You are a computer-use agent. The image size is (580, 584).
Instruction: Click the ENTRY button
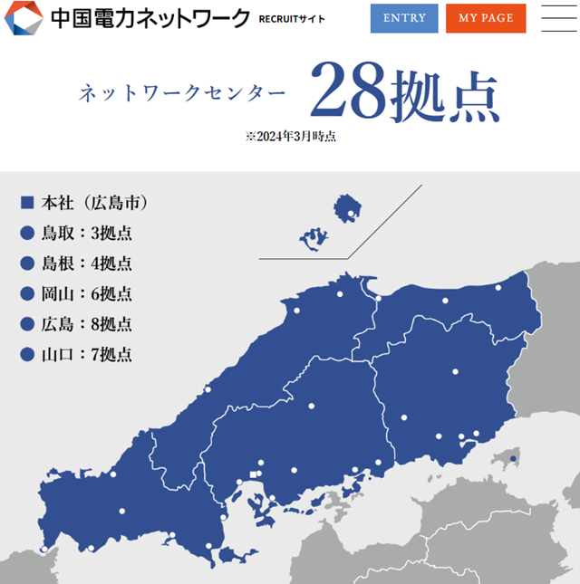(404, 18)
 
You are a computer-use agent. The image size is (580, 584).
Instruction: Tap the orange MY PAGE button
(485, 18)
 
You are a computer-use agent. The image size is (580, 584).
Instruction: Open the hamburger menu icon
(558, 18)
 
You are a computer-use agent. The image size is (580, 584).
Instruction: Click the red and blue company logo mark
(23, 18)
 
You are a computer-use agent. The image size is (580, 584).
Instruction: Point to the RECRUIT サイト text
(292, 18)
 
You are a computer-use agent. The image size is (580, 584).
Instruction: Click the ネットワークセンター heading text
(182, 94)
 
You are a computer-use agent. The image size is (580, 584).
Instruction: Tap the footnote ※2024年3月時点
(291, 137)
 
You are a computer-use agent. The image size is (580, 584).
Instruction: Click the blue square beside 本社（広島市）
(26, 202)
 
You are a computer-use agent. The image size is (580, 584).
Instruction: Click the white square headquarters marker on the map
(253, 474)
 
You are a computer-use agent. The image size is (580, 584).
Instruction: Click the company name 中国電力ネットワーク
(150, 18)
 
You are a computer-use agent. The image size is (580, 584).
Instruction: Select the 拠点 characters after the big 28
(445, 95)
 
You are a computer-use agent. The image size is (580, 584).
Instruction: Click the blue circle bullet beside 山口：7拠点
(26, 354)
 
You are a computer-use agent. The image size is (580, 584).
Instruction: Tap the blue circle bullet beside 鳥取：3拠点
(26, 234)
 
